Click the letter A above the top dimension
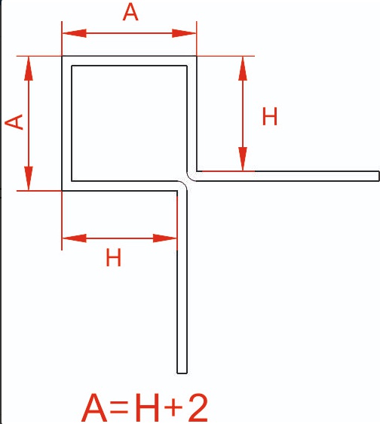(x=130, y=13)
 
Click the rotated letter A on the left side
(x=14, y=122)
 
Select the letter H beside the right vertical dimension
(x=270, y=116)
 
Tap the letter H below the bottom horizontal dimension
(x=114, y=258)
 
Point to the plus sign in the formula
(x=173, y=407)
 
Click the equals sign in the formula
(x=119, y=407)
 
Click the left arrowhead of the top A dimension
(x=75, y=33)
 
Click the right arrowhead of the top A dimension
(x=184, y=33)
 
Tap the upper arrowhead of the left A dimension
(x=29, y=69)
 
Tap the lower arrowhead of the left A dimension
(x=29, y=178)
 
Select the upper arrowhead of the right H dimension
(x=243, y=69)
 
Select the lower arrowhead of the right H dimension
(x=243, y=159)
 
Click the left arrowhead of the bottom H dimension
(x=75, y=238)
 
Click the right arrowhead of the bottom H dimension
(x=165, y=238)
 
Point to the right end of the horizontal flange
(x=378, y=176)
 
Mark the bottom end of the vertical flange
(x=182, y=373)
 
